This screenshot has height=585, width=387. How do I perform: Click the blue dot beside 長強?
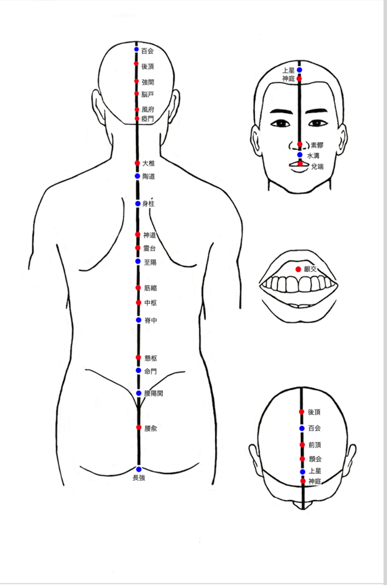click(139, 469)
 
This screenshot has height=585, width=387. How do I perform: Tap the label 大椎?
click(148, 163)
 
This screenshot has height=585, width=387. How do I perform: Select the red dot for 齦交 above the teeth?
click(298, 269)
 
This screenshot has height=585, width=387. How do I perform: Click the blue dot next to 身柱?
click(138, 204)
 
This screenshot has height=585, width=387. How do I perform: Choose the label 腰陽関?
click(153, 394)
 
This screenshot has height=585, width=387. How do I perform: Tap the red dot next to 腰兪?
click(139, 427)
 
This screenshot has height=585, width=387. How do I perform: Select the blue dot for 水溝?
click(300, 155)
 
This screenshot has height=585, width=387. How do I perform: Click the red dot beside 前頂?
click(302, 445)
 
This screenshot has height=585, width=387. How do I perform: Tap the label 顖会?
click(315, 459)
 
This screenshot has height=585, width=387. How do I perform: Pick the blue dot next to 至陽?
click(138, 261)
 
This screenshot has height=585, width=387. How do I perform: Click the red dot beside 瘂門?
click(137, 119)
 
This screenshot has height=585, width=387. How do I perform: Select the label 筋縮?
click(150, 288)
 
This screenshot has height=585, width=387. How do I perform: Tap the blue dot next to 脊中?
click(139, 320)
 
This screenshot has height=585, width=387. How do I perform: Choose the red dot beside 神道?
click(138, 234)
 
